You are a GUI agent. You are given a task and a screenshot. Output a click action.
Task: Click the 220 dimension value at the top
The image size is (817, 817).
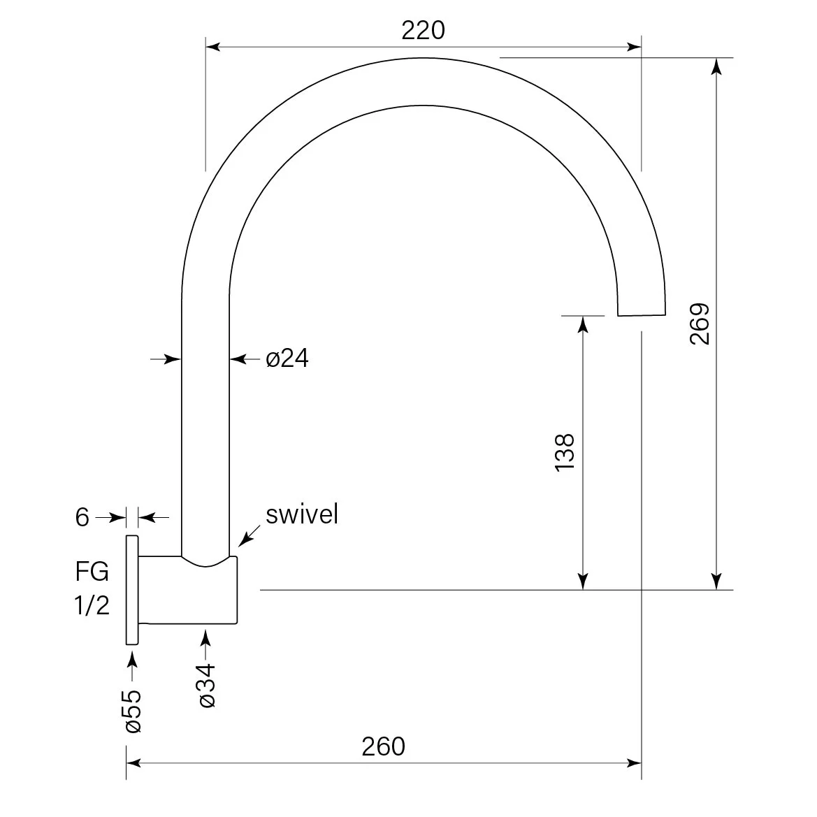423,30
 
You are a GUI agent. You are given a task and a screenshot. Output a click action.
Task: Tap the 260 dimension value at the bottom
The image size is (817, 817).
384,746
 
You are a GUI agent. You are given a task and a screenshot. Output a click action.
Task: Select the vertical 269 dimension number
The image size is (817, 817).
700,324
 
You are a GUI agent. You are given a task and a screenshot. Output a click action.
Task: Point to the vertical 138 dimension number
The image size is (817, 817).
565,452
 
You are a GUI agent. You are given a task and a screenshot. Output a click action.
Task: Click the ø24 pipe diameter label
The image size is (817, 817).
287,359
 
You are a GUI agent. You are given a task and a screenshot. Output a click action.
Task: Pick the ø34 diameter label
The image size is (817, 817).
207,685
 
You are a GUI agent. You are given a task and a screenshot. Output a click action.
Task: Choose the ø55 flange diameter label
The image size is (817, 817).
132,711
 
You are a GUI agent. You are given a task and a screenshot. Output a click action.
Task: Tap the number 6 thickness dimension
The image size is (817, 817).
82,517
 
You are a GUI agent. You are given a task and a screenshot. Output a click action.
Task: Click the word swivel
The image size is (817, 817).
302,514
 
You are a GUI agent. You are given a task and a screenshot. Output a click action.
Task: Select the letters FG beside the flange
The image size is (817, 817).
92,572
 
